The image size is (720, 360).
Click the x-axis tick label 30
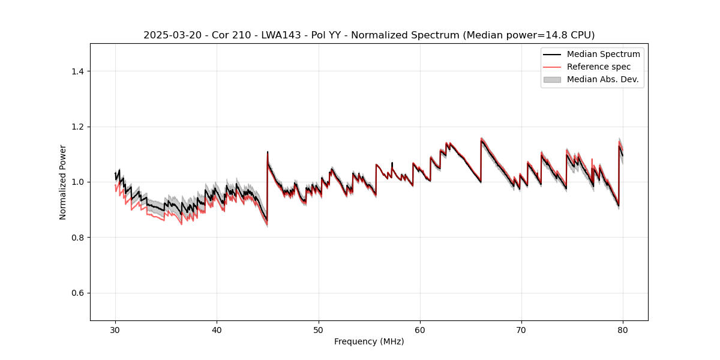pyautogui.click(x=115, y=329)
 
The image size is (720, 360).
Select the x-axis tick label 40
pyautogui.click(x=217, y=329)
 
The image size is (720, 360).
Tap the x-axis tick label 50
pyautogui.click(x=319, y=329)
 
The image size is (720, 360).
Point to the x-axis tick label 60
pyautogui.click(x=420, y=329)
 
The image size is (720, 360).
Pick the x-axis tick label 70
pyautogui.click(x=521, y=329)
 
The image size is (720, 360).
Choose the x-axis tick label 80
pyautogui.click(x=623, y=329)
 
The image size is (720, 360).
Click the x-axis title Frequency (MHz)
pyautogui.click(x=369, y=341)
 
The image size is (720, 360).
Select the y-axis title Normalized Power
pyautogui.click(x=63, y=182)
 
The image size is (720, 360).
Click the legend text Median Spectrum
pyautogui.click(x=603, y=55)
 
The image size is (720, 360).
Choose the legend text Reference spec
pyautogui.click(x=599, y=67)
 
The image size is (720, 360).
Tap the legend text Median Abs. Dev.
pyautogui.click(x=603, y=79)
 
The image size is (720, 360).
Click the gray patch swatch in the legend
pyautogui.click(x=552, y=79)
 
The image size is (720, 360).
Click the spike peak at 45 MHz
pyautogui.click(x=268, y=152)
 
